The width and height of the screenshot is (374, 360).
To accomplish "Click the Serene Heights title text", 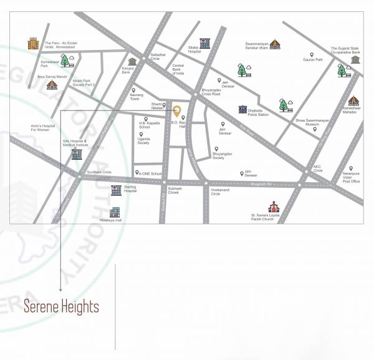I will pos(61,307).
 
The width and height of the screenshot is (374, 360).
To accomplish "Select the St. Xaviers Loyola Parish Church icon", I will pos(272,207).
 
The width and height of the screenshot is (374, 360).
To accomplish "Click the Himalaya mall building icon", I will pos(115,212).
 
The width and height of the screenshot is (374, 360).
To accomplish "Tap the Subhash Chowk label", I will pos(168,192).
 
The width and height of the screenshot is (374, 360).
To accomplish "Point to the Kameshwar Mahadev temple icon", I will pos(353,101).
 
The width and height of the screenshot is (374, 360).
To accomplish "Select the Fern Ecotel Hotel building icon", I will pos(33,44).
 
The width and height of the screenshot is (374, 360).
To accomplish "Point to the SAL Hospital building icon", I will pos(76,152).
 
